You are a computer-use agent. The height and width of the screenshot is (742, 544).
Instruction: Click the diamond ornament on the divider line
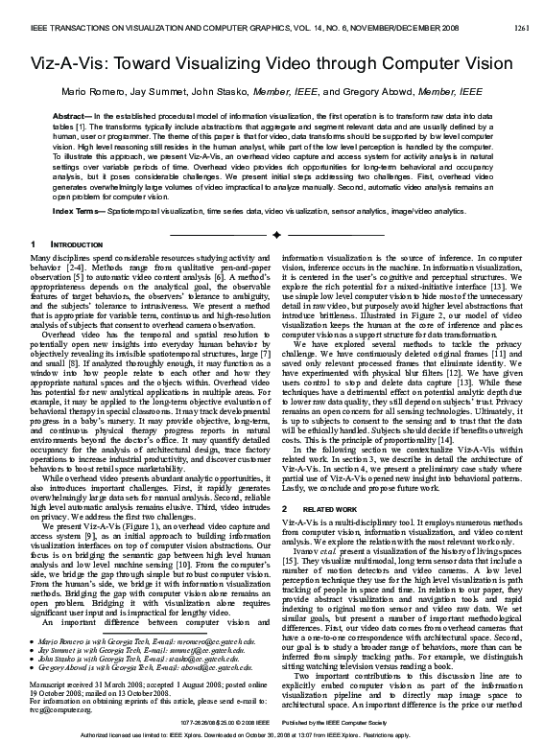274,233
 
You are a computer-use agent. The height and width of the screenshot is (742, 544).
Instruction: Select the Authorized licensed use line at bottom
272,733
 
